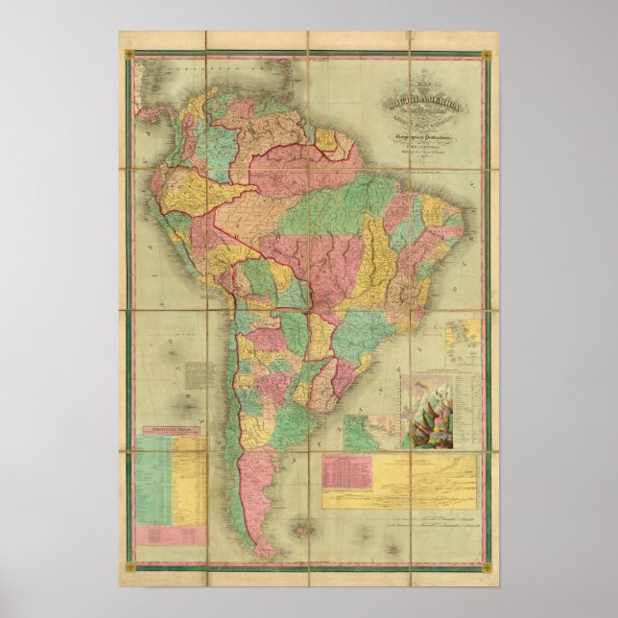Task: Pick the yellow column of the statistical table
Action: pyautogui.click(x=188, y=480)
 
